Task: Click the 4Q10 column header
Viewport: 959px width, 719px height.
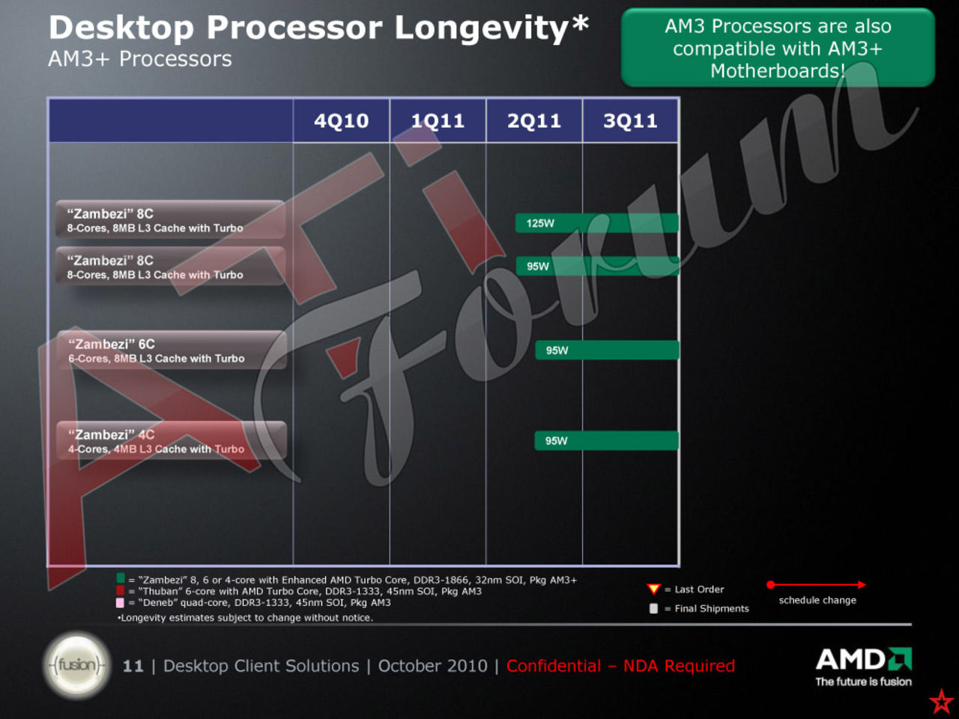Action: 341,121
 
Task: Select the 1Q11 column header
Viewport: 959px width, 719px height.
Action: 438,121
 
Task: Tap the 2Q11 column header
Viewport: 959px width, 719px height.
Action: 534,121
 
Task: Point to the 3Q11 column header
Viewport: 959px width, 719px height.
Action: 630,121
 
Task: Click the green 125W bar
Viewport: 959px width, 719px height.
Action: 596,223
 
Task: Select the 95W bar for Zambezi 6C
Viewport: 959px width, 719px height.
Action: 607,351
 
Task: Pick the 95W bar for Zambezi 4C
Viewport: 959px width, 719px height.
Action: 606,441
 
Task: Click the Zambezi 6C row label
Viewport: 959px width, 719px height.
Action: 172,351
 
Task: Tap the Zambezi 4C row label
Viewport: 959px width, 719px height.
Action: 172,441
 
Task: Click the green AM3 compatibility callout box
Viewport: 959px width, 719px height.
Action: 778,49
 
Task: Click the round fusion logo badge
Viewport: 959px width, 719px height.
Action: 77,665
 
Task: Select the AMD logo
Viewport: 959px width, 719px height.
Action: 863,660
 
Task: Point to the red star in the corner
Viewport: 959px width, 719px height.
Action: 941,702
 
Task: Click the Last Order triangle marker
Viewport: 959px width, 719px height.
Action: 653,589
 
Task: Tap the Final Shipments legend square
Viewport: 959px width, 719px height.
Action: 653,609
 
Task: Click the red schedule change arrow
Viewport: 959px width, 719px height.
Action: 817,584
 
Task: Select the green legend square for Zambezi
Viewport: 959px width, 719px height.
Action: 121,579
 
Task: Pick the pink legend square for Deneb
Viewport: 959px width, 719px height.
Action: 121,602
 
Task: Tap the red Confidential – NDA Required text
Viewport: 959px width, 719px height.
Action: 620,666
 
